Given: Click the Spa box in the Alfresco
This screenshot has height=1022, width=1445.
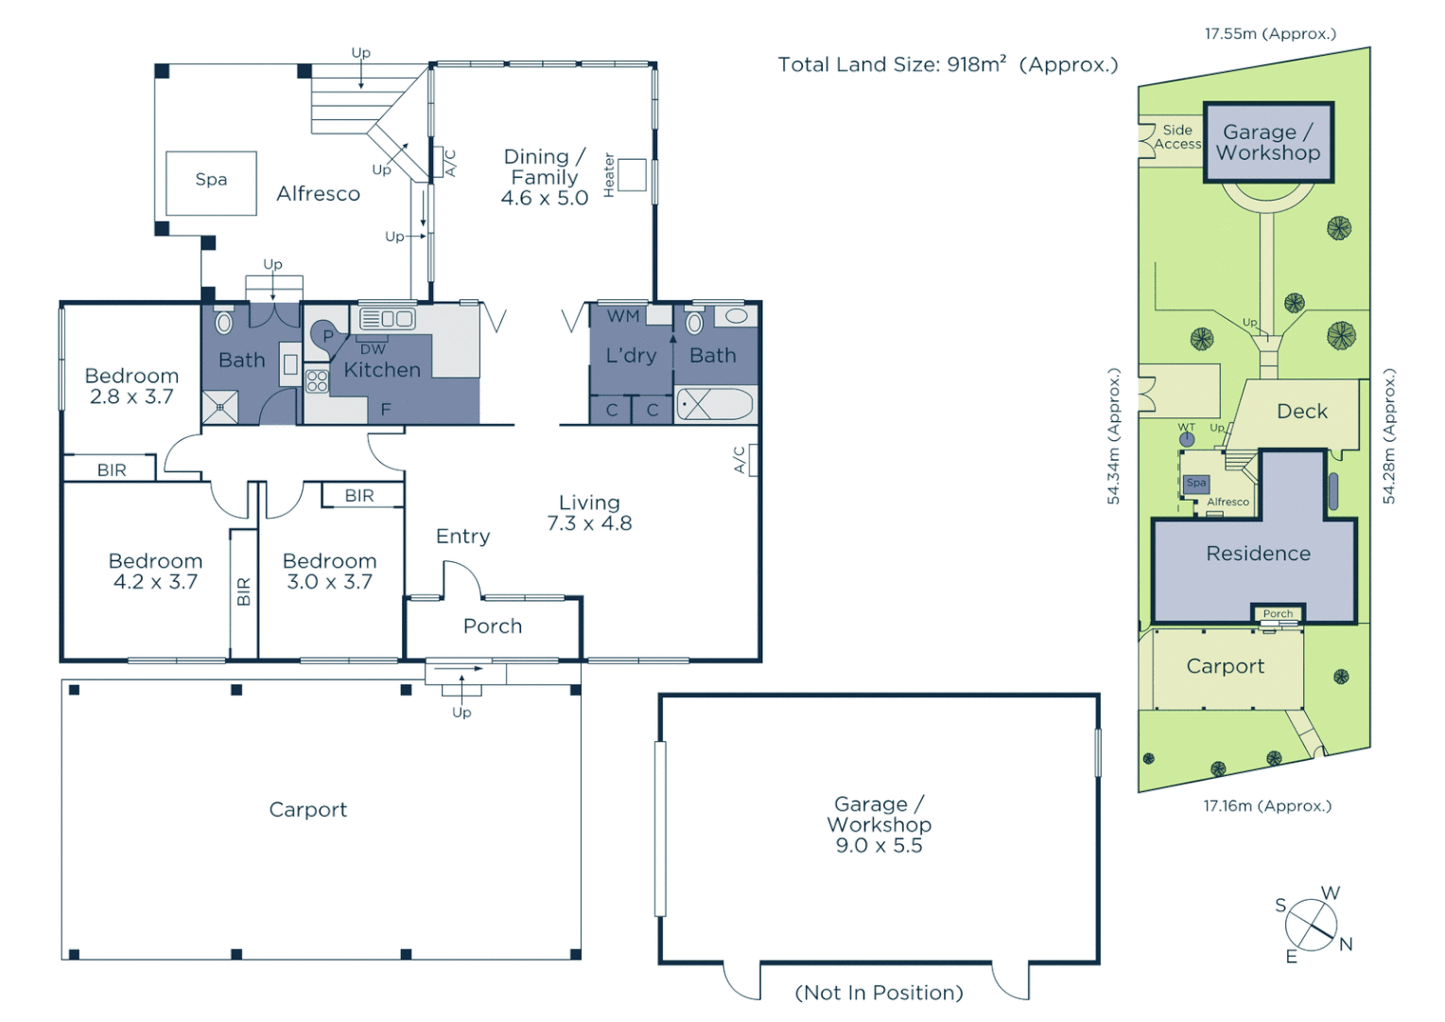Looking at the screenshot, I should [x=211, y=183].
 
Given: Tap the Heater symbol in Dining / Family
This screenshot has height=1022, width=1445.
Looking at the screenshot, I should [x=632, y=175].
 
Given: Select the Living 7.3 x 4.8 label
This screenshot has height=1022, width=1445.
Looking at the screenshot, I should [x=589, y=513].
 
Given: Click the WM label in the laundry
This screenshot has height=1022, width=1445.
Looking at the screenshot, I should [x=622, y=316].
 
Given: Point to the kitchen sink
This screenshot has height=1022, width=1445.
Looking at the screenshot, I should [x=387, y=319].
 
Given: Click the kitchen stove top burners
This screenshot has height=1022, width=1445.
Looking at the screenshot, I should [x=317, y=381].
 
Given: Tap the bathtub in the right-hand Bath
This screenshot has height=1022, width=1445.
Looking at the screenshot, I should [x=715, y=404].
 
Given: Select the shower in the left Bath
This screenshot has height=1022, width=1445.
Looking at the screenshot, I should [x=219, y=407].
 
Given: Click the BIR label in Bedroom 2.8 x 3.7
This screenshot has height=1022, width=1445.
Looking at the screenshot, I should [x=112, y=469].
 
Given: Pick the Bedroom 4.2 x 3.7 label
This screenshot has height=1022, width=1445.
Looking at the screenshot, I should [x=155, y=572].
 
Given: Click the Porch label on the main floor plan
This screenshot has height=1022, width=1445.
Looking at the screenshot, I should [x=492, y=626].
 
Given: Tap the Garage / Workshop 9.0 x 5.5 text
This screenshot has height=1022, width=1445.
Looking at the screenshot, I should [x=879, y=824].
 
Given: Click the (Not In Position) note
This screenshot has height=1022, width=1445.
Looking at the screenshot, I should [x=879, y=993].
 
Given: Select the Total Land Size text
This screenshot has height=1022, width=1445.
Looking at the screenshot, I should [x=948, y=64].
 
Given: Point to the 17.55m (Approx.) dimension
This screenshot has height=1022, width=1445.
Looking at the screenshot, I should [x=1270, y=34].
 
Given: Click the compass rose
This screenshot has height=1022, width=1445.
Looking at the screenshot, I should [x=1311, y=925].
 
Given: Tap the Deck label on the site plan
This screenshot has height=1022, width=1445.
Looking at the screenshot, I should [x=1301, y=412].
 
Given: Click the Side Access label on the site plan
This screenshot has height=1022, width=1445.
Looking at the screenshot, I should [x=1177, y=137].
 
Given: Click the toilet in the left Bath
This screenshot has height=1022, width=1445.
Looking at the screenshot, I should [x=224, y=323].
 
